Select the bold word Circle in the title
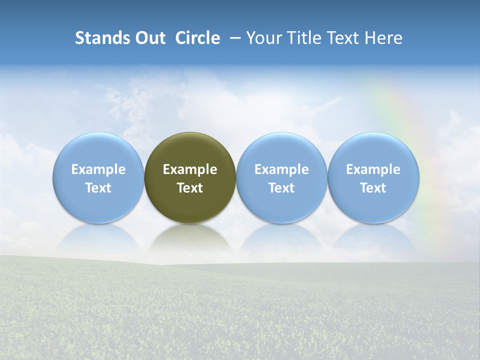(197, 38)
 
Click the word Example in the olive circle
(190, 169)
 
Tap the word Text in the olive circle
(190, 188)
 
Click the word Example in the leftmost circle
(98, 169)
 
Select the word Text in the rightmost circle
(373, 188)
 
